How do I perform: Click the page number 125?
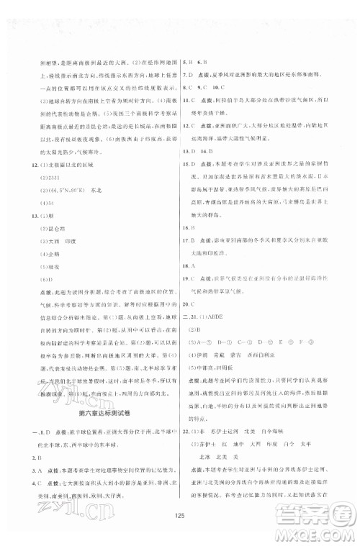tap(179, 516)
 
